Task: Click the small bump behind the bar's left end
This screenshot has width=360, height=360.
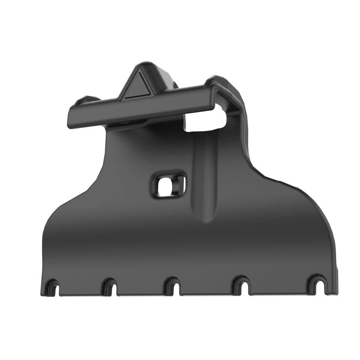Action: click(x=84, y=100)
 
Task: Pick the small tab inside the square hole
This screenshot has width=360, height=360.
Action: click(x=180, y=184)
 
